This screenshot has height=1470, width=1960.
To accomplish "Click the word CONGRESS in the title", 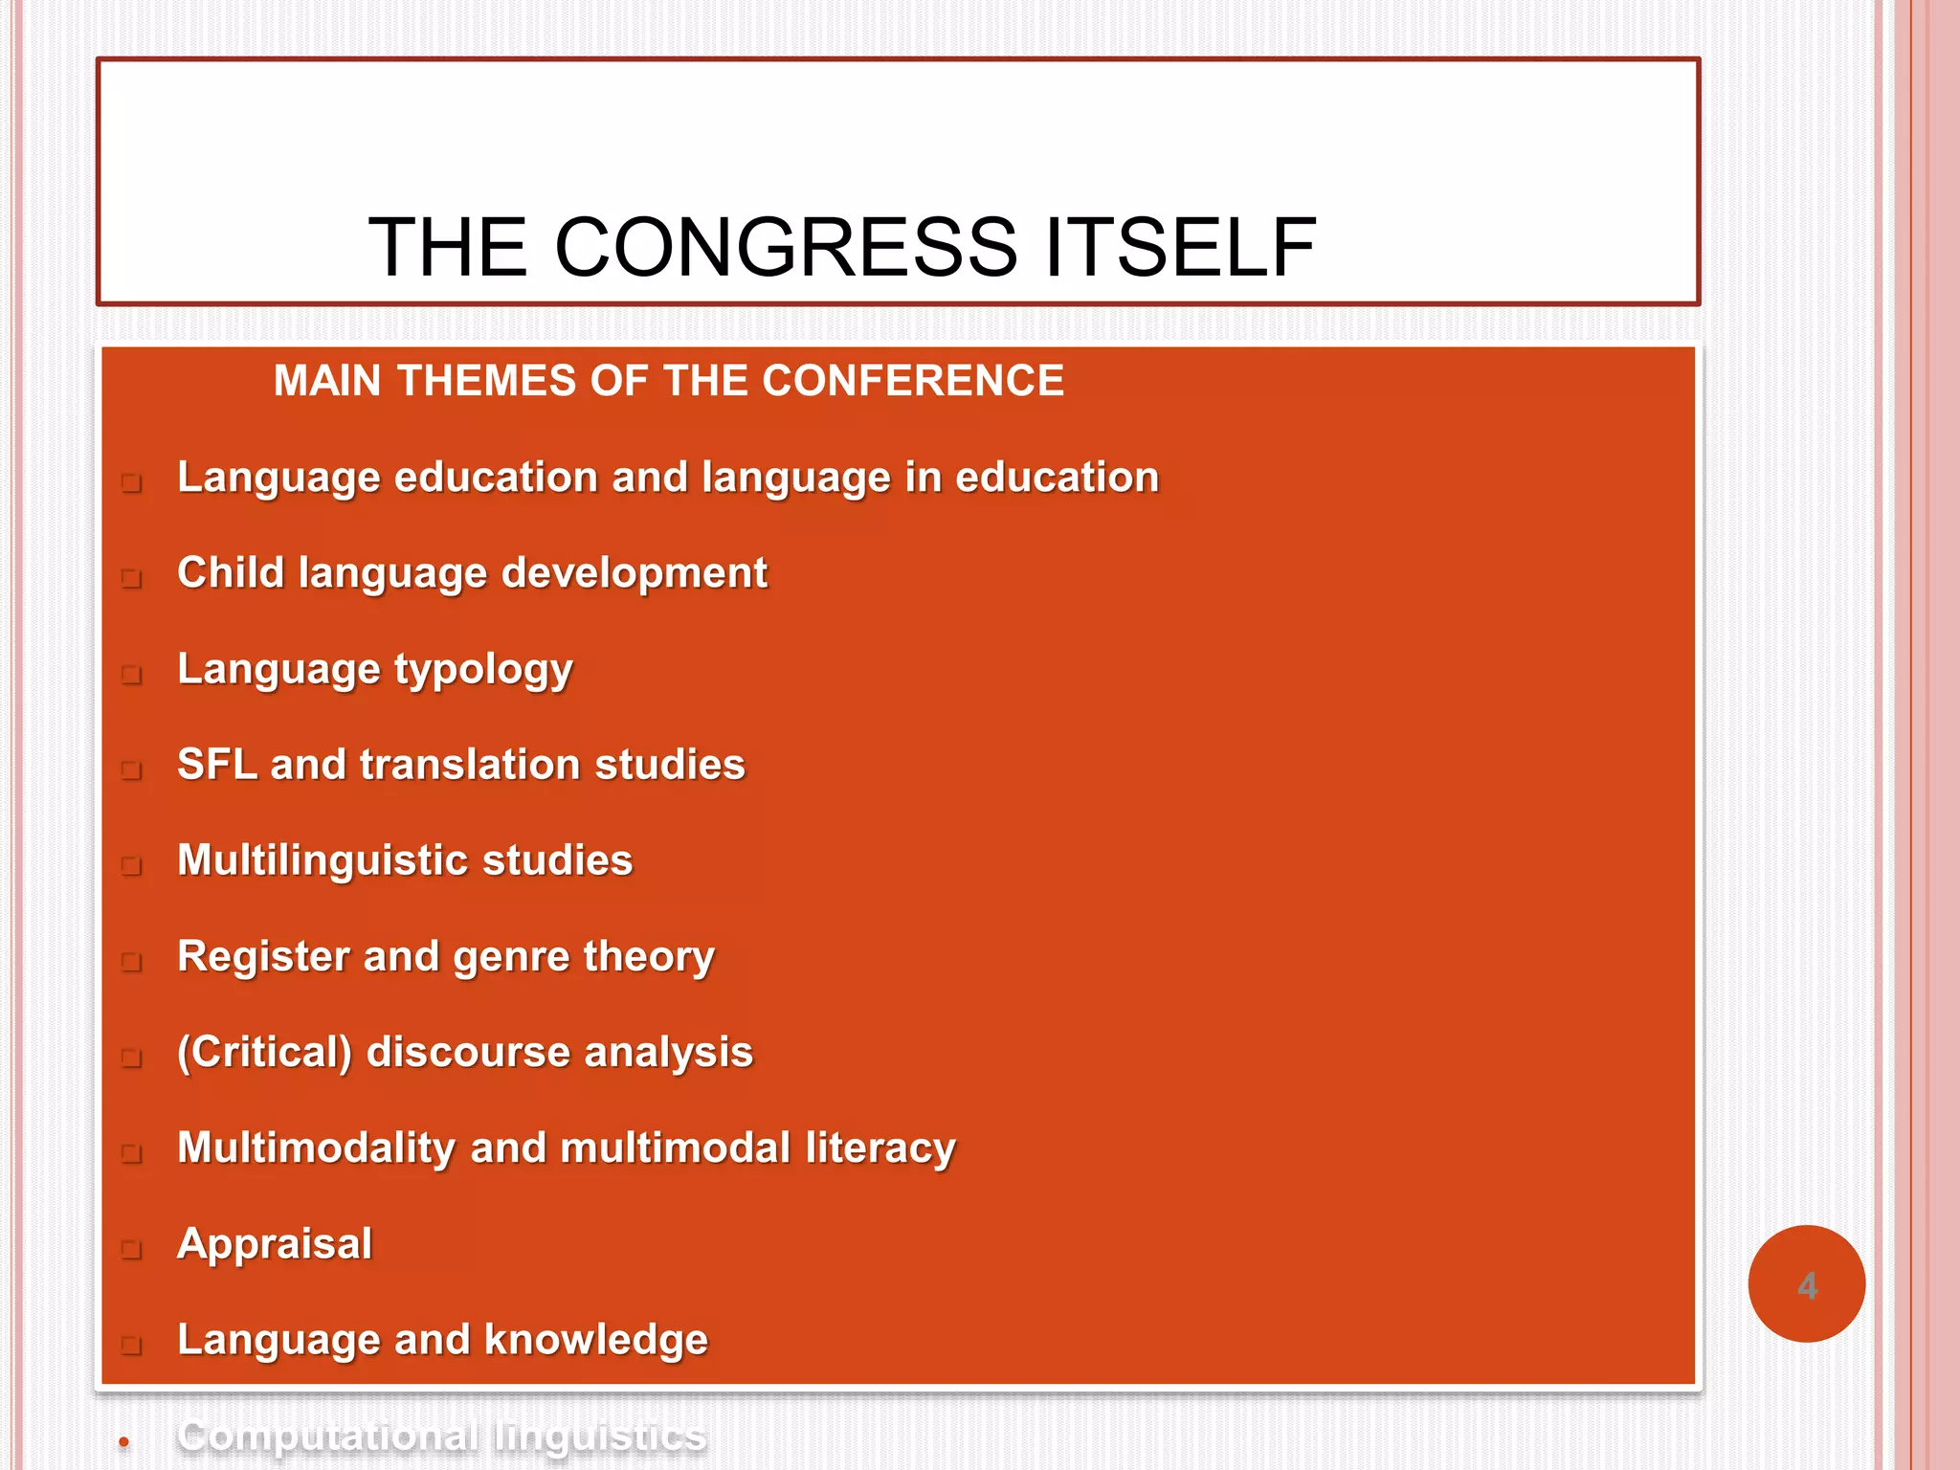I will (x=785, y=248).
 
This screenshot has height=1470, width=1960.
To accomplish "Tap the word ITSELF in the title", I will (x=1181, y=248).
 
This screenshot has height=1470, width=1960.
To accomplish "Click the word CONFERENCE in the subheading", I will (x=913, y=381).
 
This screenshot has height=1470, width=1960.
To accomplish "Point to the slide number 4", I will (x=1807, y=1285).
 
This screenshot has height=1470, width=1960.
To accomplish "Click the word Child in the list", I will (x=231, y=572).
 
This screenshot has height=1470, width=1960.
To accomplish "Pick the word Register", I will (x=263, y=957).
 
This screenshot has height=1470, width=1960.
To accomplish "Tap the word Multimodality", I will (x=317, y=1148).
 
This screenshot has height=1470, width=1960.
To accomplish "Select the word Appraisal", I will (x=275, y=1244).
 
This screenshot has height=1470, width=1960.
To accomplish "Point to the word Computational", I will (x=328, y=1436).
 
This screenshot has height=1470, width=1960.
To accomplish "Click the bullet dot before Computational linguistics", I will (x=123, y=1441).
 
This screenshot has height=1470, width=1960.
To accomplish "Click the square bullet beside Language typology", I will (x=132, y=674).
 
